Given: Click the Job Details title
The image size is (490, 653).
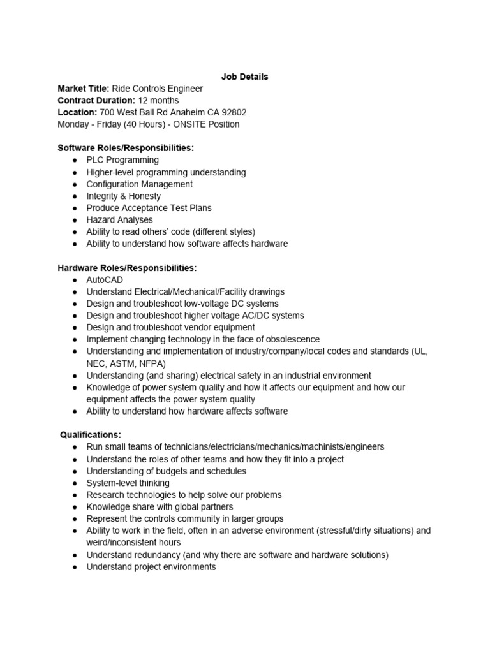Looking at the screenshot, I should click(244, 77).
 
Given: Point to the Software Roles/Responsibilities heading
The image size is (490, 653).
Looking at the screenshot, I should click(126, 148).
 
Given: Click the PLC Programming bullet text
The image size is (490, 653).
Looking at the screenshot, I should click(122, 160).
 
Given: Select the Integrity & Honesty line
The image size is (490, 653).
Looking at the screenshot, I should click(123, 196).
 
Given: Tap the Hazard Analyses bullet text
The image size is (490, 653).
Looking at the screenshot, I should click(119, 220).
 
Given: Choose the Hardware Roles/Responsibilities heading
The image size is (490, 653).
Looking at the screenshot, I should click(127, 268).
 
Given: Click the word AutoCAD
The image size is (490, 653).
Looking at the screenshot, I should click(105, 280).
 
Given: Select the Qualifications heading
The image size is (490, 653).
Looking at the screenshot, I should click(91, 435).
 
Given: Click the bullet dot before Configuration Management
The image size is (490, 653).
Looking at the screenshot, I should click(75, 184).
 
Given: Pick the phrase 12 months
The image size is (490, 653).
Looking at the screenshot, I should click(158, 101).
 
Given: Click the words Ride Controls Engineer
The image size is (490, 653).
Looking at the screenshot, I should click(158, 89).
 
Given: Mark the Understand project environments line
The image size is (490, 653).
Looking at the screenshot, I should click(151, 566).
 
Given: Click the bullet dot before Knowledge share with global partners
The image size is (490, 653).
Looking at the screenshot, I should click(75, 507).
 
